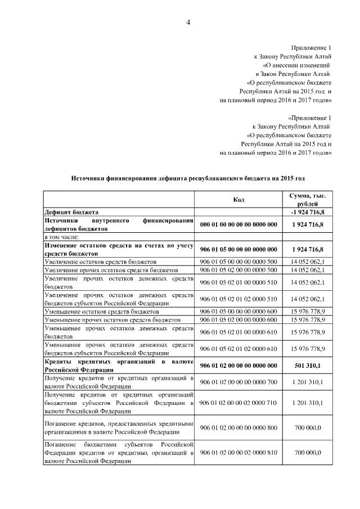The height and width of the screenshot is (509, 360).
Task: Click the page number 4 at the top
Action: click(x=188, y=22)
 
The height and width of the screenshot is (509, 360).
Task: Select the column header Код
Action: click(x=238, y=199)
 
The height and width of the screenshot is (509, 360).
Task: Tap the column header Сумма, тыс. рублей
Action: click(x=307, y=199)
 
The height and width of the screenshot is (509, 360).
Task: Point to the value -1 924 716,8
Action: click(x=307, y=212)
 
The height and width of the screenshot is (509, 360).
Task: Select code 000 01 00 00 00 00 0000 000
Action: click(x=238, y=225)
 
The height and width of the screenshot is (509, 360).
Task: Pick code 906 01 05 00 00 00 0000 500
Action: click(x=238, y=262)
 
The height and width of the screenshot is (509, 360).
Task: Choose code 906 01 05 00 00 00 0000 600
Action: click(x=238, y=311)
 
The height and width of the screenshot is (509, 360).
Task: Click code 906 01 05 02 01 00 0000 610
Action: click(x=238, y=332)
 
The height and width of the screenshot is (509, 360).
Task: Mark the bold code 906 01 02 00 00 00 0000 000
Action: click(x=238, y=366)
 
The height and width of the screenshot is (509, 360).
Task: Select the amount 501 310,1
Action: click(x=307, y=366)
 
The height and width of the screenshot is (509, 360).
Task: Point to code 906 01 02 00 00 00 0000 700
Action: click(x=238, y=382)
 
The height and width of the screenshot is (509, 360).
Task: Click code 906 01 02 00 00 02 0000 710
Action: click(x=238, y=403)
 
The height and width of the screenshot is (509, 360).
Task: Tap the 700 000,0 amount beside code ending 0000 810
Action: click(x=307, y=453)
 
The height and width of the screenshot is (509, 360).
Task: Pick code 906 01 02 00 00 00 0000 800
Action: click(x=238, y=428)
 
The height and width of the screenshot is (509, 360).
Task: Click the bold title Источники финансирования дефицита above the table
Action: click(x=188, y=178)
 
